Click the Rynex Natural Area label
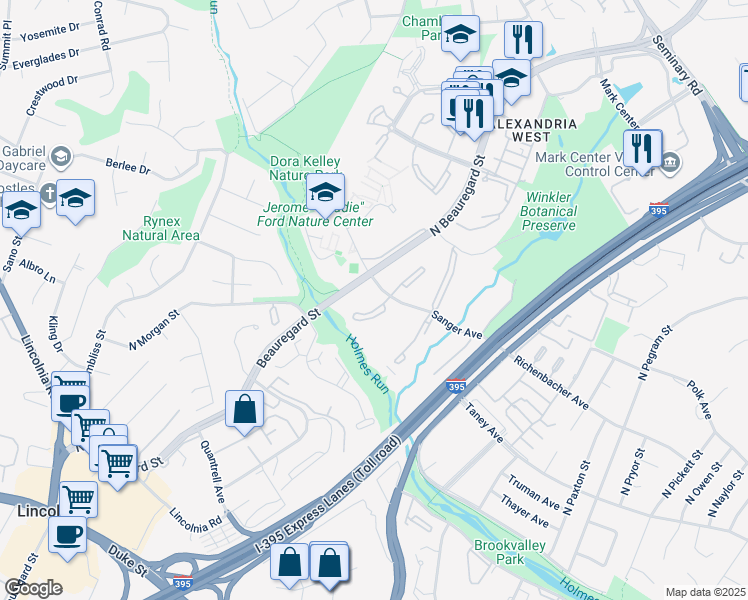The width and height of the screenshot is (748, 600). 161,228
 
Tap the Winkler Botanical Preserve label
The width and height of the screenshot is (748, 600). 549,211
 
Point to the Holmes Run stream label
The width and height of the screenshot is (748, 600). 366,361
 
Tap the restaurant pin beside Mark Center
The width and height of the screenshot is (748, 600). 642,148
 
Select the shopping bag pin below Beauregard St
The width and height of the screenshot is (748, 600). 245,408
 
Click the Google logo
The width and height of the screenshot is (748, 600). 33,588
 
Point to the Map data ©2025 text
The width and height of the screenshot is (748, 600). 705,592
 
